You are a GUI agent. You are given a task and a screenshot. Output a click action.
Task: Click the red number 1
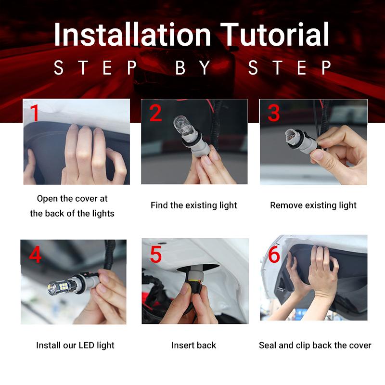(35, 114)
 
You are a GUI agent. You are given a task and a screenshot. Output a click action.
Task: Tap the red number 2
(155, 114)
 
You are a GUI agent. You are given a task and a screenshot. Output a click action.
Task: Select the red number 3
(273, 114)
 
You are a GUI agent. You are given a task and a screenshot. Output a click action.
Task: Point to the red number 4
(35, 255)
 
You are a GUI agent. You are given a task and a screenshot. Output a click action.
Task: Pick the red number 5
(155, 255)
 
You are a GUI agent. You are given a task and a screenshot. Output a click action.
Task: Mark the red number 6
(274, 255)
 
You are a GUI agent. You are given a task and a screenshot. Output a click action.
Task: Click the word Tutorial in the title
(277, 35)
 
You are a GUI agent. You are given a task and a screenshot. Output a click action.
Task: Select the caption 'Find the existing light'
(193, 205)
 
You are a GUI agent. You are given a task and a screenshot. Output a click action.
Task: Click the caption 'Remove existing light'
(313, 205)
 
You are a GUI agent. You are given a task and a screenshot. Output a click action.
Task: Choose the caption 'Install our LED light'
(75, 345)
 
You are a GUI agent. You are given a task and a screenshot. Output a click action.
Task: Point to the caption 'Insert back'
(193, 345)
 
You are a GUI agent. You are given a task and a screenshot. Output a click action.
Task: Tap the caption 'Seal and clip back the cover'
(315, 345)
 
